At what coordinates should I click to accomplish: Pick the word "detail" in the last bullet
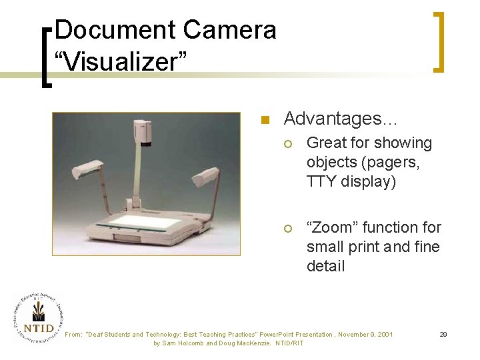click(325, 266)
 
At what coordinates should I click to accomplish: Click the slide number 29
click(443, 333)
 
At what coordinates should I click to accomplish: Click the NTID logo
click(37, 318)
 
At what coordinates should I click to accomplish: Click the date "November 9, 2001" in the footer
click(365, 334)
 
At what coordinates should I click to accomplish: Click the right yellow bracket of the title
click(438, 41)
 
